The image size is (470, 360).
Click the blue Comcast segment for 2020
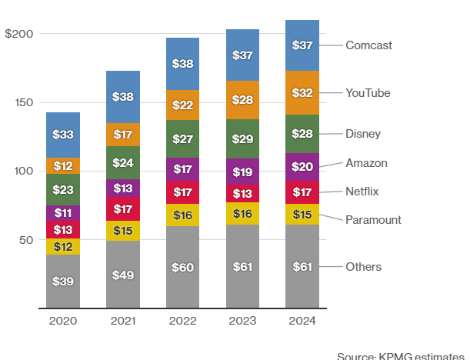[62, 135]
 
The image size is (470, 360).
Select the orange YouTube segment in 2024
[302, 93]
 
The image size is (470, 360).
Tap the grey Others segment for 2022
[183, 267]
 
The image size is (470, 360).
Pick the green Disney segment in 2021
[123, 163]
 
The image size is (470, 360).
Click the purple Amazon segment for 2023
[242, 172]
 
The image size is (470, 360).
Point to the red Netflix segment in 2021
[123, 208]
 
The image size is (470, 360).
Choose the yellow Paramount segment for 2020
[62, 247]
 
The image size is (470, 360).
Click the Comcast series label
[368, 45]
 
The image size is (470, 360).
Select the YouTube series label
[368, 93]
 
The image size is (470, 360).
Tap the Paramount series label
[373, 220]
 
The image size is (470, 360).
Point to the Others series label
[363, 267]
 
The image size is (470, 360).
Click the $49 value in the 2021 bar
[123, 275]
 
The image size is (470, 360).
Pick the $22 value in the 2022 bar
[183, 105]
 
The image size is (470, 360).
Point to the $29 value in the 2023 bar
[242, 139]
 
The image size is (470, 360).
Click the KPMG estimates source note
[402, 355]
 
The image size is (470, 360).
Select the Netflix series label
[362, 191]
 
